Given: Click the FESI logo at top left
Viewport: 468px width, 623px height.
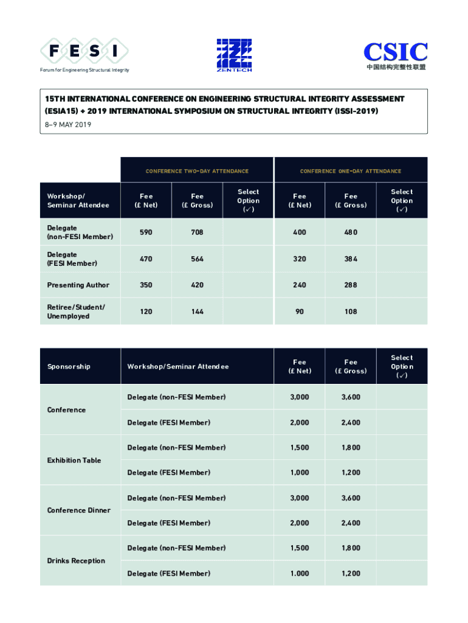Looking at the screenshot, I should pyautogui.click(x=84, y=52).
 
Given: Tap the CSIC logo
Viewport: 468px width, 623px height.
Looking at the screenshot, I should pyautogui.click(x=395, y=55).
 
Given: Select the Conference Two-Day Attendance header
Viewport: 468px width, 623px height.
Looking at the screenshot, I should pyautogui.click(x=197, y=171).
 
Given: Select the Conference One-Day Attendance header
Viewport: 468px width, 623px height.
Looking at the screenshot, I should pyautogui.click(x=351, y=171).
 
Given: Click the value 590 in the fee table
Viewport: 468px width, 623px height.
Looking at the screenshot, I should pyautogui.click(x=146, y=232).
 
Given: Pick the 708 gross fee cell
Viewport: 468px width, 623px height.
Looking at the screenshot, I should pyautogui.click(x=197, y=232).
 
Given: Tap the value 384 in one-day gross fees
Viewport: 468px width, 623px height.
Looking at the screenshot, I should pyautogui.click(x=351, y=259).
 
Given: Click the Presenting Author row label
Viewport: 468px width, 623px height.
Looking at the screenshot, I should pyautogui.click(x=78, y=285).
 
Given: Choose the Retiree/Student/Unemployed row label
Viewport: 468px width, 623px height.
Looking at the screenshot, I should pyautogui.click(x=76, y=311).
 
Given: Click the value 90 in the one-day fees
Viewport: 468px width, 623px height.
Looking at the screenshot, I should pyautogui.click(x=299, y=311).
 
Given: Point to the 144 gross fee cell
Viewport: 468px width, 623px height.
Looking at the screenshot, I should pyautogui.click(x=197, y=311).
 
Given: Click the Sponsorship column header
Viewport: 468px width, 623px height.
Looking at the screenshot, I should pyautogui.click(x=69, y=366).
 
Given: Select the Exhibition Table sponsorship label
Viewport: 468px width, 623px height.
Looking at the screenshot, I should pyautogui.click(x=74, y=460).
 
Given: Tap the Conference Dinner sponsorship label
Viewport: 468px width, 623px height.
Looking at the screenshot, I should pyautogui.click(x=79, y=510).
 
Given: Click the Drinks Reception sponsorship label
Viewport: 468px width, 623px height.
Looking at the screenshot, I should pyautogui.click(x=76, y=560).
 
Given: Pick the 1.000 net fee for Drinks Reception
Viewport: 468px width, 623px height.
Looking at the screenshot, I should pyautogui.click(x=299, y=573).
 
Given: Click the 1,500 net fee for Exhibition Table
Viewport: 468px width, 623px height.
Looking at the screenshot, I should pyautogui.click(x=299, y=447).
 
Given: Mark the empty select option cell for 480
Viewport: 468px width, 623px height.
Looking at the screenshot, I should pyautogui.click(x=401, y=232).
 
